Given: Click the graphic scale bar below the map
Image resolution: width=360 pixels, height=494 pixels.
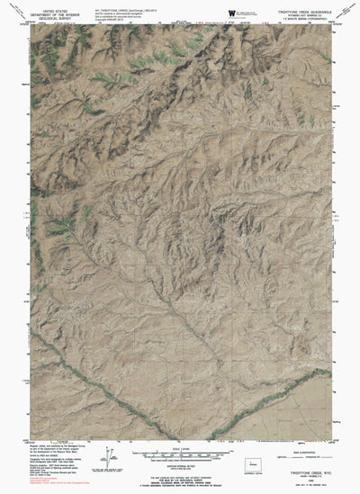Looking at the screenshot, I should point(181,453).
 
